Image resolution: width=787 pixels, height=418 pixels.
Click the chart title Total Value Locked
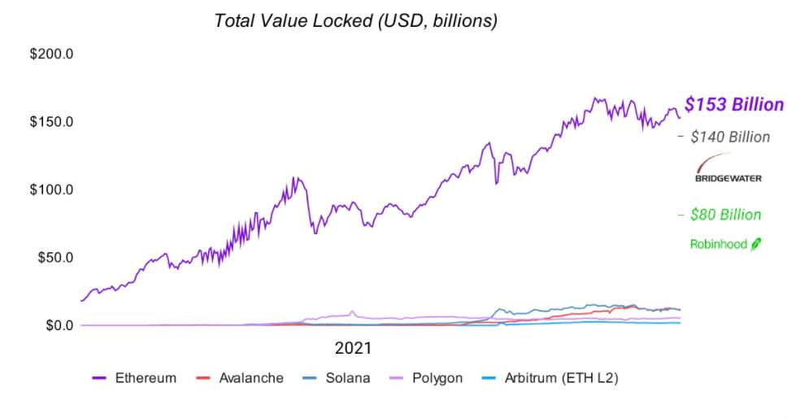pyautogui.click(x=355, y=21)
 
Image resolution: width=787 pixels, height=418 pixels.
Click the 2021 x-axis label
pyautogui.click(x=353, y=348)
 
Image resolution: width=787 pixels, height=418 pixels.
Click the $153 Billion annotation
pyautogui.click(x=733, y=105)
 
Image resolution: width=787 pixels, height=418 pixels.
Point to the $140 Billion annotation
pyautogui.click(x=729, y=137)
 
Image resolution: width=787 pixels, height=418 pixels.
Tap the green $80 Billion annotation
pyautogui.click(x=725, y=215)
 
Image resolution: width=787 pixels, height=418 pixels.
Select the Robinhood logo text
pyautogui.click(x=719, y=244)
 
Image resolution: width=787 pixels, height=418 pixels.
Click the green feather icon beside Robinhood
pyautogui.click(x=755, y=243)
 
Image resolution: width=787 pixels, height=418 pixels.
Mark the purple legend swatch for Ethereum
pyautogui.click(x=100, y=378)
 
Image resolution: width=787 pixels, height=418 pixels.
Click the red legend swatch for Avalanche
pyautogui.click(x=204, y=378)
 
